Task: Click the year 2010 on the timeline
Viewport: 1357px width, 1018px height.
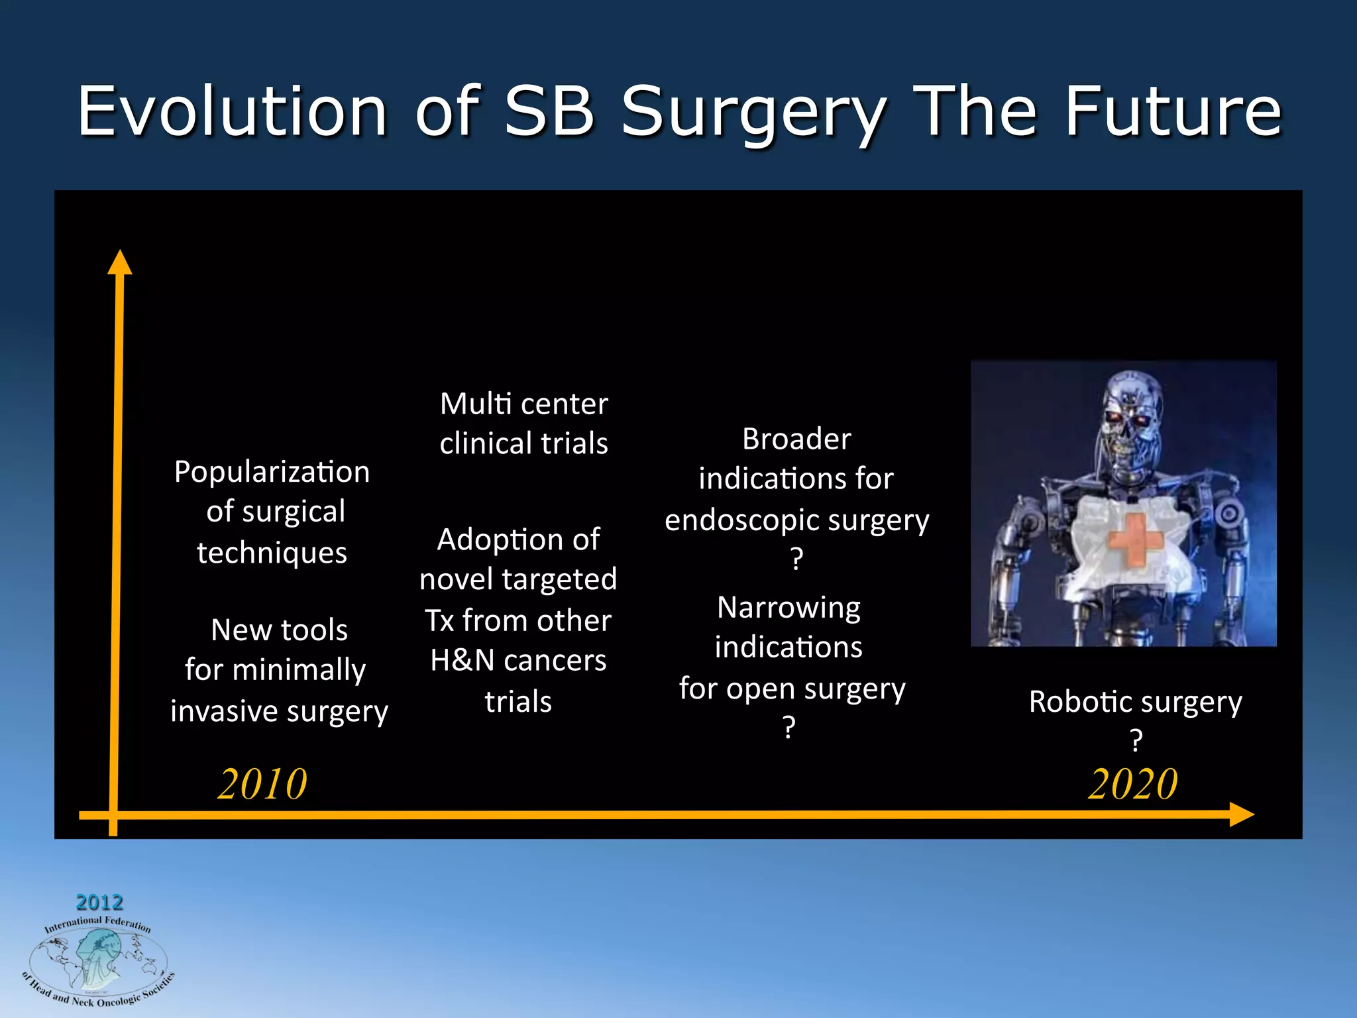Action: pyautogui.click(x=262, y=784)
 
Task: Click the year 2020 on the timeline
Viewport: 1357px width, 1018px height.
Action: pyautogui.click(x=1132, y=784)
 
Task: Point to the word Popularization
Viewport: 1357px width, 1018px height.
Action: pyautogui.click(x=272, y=472)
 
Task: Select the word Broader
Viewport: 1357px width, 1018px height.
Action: pyautogui.click(x=796, y=439)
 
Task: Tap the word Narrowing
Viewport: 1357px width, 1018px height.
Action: pyautogui.click(x=788, y=607)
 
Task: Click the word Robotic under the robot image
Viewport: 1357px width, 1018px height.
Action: pyautogui.click(x=1079, y=701)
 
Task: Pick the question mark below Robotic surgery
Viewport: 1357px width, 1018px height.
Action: pyautogui.click(x=1136, y=740)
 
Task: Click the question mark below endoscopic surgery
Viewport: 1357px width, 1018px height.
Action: pyautogui.click(x=796, y=559)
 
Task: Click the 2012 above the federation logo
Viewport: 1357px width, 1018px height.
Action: pyautogui.click(x=99, y=902)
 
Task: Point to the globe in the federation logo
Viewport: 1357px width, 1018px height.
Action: pyautogui.click(x=98, y=957)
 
